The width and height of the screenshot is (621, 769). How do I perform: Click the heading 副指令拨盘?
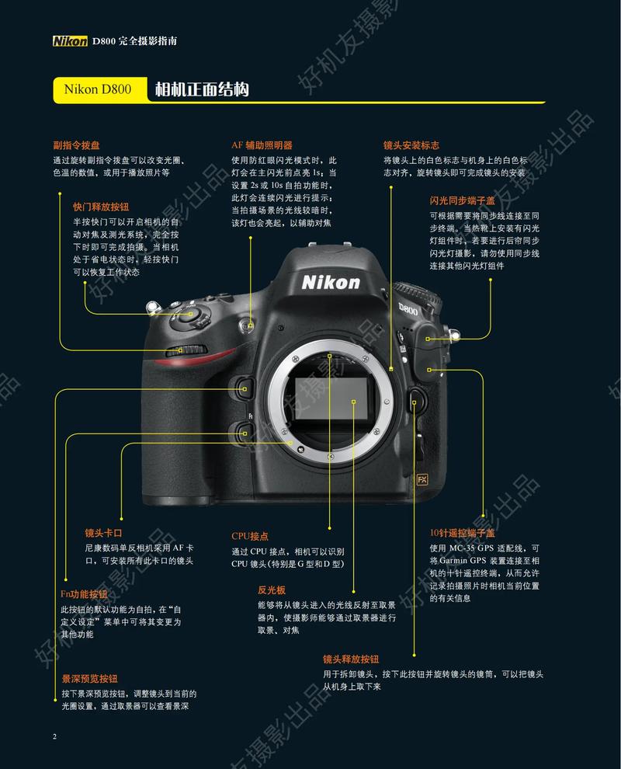(x=76, y=145)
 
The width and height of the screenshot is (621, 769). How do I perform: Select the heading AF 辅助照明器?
(x=262, y=145)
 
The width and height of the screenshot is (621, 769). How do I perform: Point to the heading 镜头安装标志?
(x=411, y=145)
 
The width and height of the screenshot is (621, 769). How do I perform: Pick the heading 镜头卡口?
(x=104, y=533)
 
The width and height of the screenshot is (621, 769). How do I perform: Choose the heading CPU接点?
(x=250, y=536)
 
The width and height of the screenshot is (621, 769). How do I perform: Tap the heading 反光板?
(x=272, y=590)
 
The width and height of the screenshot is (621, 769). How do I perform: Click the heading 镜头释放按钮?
(x=351, y=658)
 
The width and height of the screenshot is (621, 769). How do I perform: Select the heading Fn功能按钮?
(x=84, y=594)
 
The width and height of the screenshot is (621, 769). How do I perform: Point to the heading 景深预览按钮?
(x=90, y=678)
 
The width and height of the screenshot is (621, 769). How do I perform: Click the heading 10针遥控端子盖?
(x=463, y=534)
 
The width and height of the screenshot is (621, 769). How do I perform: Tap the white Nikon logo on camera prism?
(x=331, y=281)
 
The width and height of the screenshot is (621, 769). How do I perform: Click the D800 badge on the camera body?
(x=408, y=310)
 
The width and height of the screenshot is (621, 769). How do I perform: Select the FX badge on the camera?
(x=423, y=478)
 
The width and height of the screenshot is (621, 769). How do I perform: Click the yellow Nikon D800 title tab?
(x=98, y=90)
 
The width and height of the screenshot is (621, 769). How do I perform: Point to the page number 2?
(x=54, y=736)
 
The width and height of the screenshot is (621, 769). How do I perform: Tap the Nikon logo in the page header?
(x=70, y=40)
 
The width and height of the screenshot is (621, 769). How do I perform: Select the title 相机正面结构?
(x=202, y=89)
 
